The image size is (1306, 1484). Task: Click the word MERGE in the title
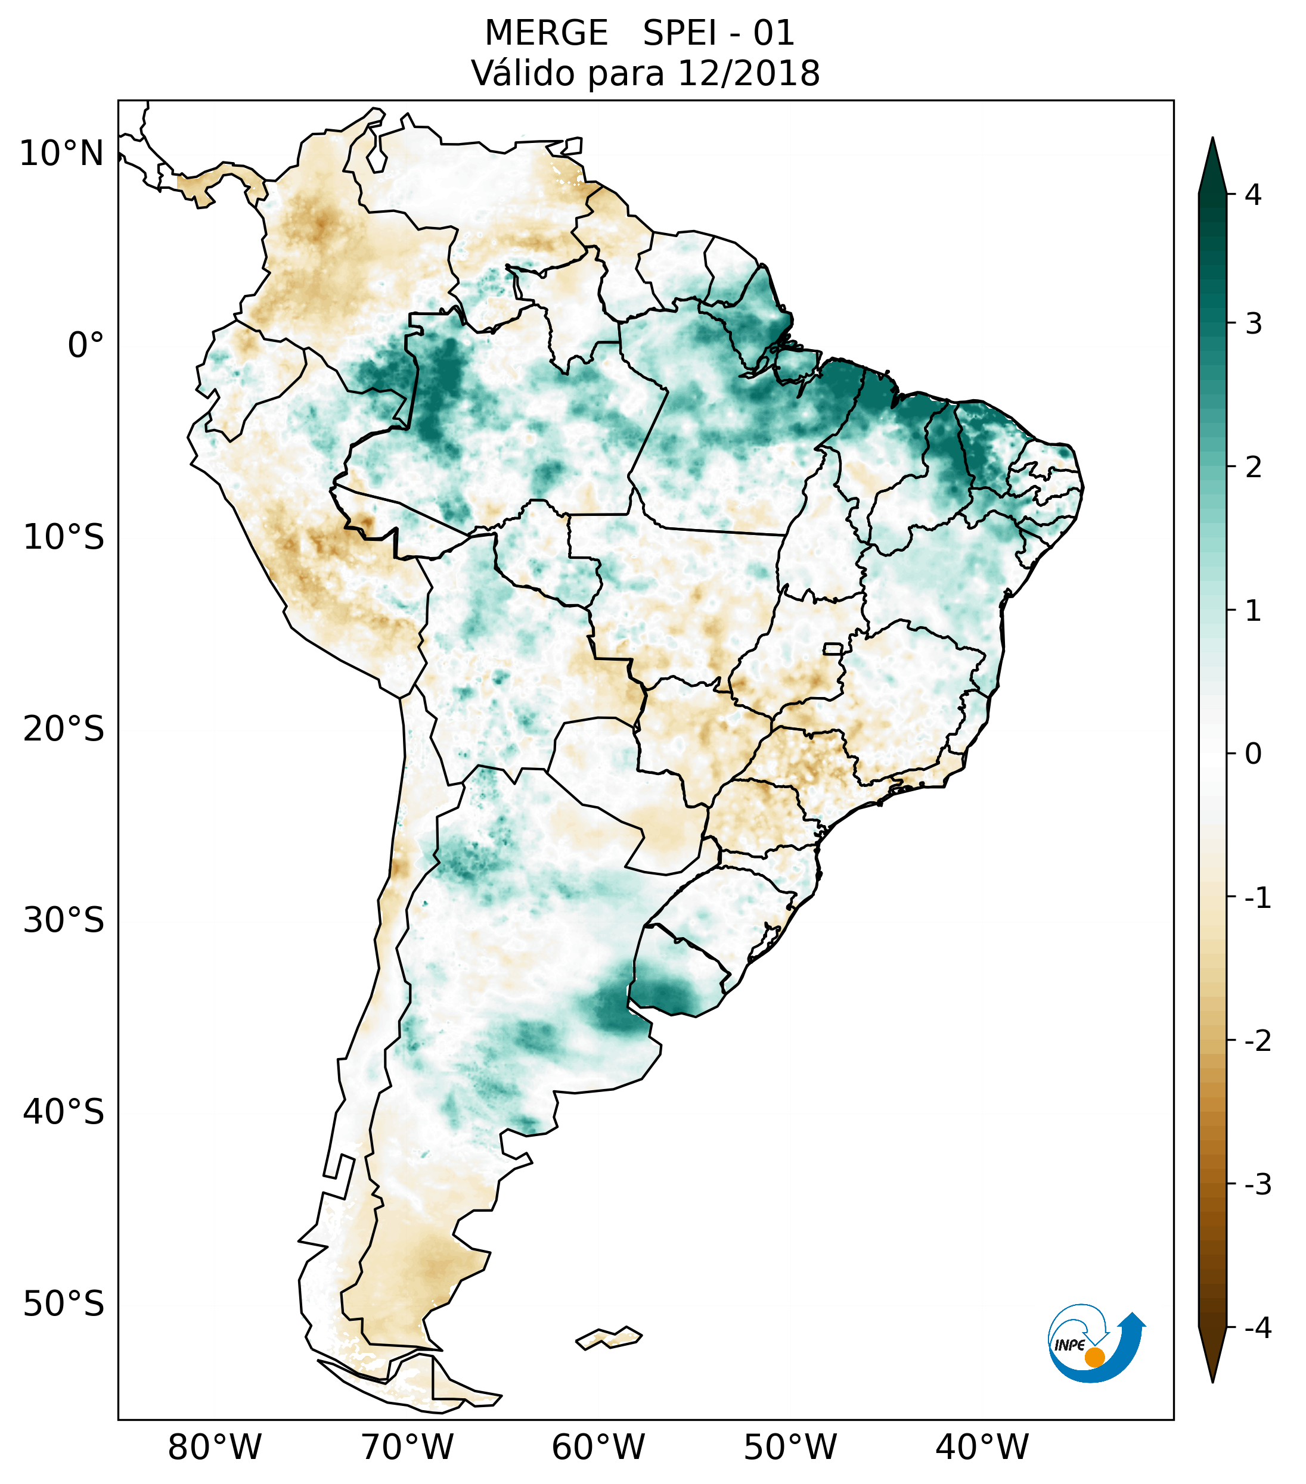(545, 33)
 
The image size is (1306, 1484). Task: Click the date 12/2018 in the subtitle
(748, 73)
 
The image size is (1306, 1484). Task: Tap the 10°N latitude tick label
(62, 154)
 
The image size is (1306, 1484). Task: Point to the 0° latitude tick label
(86, 346)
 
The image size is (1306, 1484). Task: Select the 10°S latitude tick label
(64, 537)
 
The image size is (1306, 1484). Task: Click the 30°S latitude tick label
(64, 920)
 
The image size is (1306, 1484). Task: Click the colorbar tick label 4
(1253, 195)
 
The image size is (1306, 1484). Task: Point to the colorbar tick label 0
(1253, 754)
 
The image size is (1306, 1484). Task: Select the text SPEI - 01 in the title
(718, 33)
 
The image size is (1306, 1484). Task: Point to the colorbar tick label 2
(1253, 468)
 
